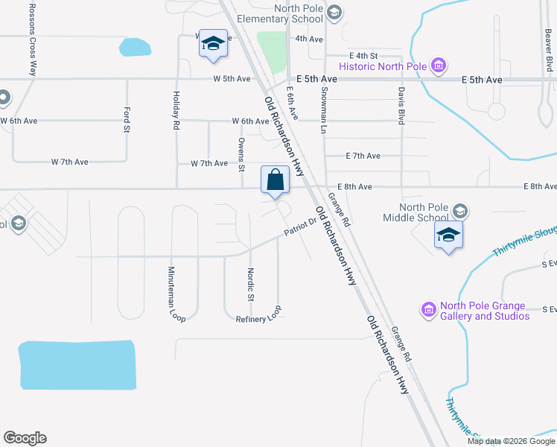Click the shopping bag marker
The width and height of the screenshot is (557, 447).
coord(275,180)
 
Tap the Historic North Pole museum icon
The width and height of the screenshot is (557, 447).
coord(438,66)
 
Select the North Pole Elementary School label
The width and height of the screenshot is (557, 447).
coord(286,13)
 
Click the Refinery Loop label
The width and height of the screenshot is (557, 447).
coord(258,318)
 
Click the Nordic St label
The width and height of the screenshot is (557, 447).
coord(251,285)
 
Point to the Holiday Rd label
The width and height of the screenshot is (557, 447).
coord(176,110)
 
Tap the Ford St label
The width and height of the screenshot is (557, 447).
coord(126,119)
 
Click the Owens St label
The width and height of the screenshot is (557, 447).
coord(241,154)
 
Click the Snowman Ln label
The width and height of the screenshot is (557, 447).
coord(324,109)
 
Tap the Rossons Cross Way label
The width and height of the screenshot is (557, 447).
coord(32,38)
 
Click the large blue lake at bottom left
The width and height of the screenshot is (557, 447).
coord(77,365)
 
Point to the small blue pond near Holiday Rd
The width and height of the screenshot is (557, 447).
coord(134,48)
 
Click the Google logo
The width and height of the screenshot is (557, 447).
coord(25,438)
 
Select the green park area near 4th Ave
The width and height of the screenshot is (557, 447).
coord(273,51)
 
